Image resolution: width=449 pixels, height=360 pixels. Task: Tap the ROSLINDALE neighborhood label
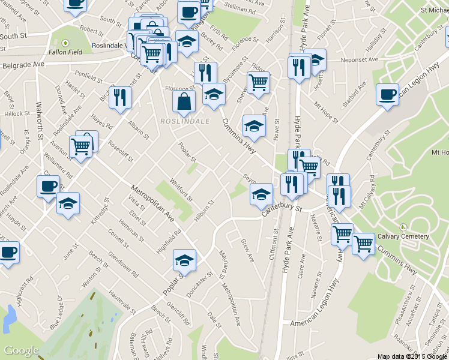click(184, 121)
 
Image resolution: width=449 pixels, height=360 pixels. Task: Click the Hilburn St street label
click(203, 212)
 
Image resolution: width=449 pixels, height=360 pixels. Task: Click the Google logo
click(21, 350)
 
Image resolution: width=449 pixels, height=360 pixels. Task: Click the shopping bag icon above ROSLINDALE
click(184, 101)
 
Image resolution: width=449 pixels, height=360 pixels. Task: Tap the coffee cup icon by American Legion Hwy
click(387, 94)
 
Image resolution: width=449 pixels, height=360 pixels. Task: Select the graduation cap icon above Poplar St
click(184, 260)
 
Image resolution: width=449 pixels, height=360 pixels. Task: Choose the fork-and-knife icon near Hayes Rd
click(120, 97)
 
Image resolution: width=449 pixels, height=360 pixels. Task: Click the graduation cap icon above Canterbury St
click(261, 194)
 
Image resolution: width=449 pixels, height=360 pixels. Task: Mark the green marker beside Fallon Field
click(65, 43)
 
